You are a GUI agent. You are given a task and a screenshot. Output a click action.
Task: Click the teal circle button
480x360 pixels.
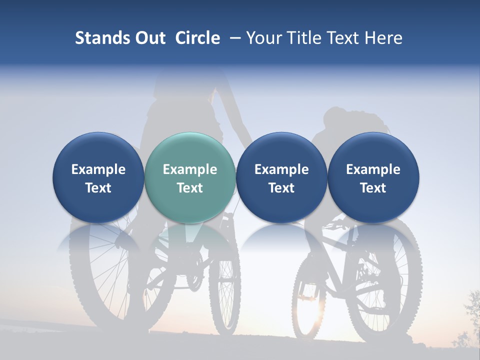[190, 177]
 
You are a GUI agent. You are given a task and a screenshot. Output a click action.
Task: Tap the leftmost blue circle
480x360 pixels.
[98, 177]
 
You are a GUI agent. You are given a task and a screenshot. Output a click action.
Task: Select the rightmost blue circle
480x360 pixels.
[373, 177]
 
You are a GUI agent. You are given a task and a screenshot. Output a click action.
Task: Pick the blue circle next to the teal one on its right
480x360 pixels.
[281, 177]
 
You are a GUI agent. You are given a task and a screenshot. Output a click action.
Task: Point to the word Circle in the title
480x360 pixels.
[197, 38]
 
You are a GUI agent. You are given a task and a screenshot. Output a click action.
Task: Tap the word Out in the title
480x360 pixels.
[148, 38]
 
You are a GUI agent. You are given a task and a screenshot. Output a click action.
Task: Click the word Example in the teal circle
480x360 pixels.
[190, 169]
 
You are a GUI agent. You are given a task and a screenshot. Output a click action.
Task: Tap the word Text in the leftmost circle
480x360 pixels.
[98, 188]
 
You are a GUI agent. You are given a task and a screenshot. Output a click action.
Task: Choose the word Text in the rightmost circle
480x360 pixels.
[373, 188]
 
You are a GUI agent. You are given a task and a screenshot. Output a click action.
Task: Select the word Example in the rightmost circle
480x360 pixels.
[373, 169]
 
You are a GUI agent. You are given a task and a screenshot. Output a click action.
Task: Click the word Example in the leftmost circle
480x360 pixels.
[98, 169]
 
